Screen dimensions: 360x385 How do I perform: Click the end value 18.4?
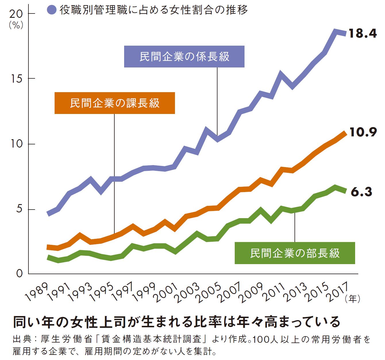pyautogui.click(x=362, y=34)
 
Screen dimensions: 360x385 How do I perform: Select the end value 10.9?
pyautogui.click(x=363, y=132)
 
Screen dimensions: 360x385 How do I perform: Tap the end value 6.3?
pyautogui.click(x=361, y=192)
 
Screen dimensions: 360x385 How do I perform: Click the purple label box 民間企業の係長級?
pyautogui.click(x=184, y=57)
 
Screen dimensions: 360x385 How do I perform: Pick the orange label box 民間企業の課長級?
pyautogui.click(x=115, y=103)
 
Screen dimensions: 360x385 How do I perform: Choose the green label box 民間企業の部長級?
pyautogui.click(x=295, y=253)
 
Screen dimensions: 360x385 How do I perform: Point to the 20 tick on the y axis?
pyautogui.click(x=16, y=13)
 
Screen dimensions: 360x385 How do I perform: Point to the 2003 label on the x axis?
pyautogui.click(x=188, y=293)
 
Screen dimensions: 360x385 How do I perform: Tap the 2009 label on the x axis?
pyautogui.click(x=252, y=293)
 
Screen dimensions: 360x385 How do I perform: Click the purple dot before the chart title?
pyautogui.click(x=51, y=10)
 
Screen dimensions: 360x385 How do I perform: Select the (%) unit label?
pyautogui.click(x=16, y=25)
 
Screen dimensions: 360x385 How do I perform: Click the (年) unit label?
pyautogui.click(x=352, y=299)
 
